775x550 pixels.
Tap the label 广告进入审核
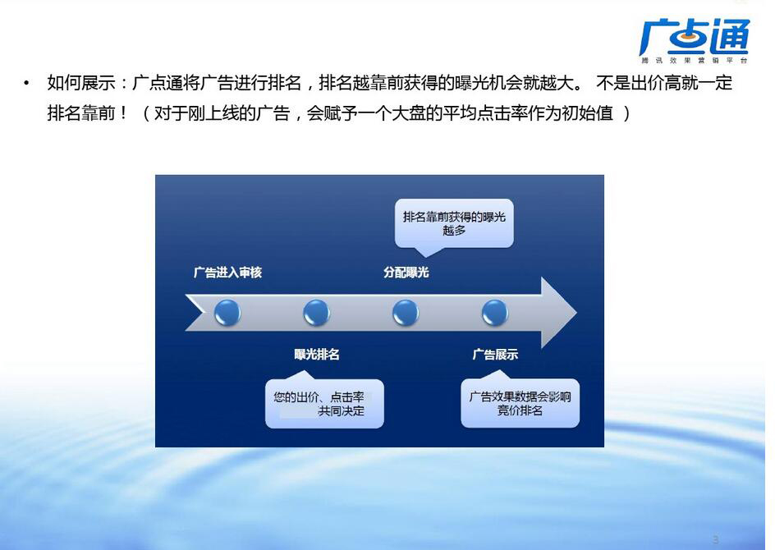point(227,273)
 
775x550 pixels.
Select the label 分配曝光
point(406,273)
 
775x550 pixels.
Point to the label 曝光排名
point(317,355)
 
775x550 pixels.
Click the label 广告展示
point(495,355)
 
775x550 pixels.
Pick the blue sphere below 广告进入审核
point(227,313)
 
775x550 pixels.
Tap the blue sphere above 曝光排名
point(316,313)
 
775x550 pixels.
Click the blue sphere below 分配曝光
point(406,313)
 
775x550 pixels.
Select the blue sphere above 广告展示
point(495,313)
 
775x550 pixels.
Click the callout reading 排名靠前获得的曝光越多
point(454,223)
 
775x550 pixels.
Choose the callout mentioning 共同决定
point(324,403)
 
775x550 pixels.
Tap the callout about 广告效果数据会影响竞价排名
point(520,403)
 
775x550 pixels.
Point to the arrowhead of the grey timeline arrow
point(576,313)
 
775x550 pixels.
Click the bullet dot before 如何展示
point(27,83)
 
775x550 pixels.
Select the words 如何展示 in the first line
point(81,83)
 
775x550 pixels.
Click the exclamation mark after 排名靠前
point(123,113)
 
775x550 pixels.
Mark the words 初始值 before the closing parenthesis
point(587,113)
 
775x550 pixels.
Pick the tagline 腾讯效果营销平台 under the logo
point(695,60)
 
